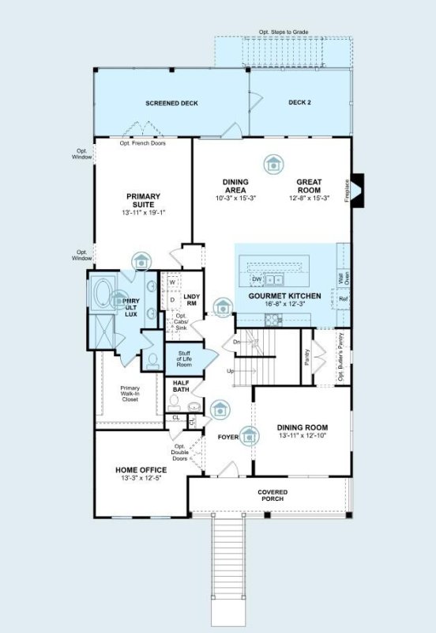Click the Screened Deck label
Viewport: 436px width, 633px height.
[171, 104]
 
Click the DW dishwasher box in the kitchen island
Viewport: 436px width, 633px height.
[256, 279]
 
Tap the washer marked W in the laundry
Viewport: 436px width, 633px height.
[171, 282]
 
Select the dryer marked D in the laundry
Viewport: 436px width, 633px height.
[171, 300]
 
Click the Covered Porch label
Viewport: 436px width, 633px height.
[272, 496]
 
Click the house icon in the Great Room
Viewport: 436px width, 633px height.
[273, 163]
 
